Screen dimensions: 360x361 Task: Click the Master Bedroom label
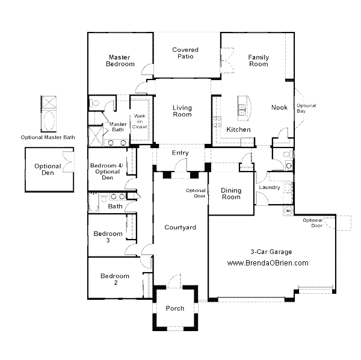point(120,60)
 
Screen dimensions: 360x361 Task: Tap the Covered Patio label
point(185,53)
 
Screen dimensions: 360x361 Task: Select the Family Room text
point(259,60)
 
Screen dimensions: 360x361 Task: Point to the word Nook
point(279,108)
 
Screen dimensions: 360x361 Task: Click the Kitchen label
point(238,129)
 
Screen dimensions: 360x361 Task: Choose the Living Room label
point(182,111)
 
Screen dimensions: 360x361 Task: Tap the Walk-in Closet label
point(140,121)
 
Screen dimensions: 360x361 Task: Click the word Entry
point(180,153)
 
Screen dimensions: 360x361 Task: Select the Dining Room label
point(231,194)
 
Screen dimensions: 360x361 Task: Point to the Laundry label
point(270,187)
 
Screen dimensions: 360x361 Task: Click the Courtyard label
point(180,228)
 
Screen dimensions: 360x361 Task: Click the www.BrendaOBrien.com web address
point(268,263)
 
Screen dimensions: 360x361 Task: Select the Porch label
point(175,308)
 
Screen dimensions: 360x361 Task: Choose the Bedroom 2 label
point(115,279)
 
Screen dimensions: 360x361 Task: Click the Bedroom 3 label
point(108,237)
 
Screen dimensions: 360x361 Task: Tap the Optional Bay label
point(306,108)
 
